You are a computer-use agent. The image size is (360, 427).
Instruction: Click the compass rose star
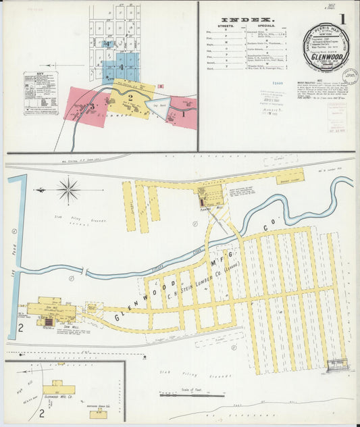pos(69,189)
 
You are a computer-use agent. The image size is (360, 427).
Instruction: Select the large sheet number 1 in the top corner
pos(343,20)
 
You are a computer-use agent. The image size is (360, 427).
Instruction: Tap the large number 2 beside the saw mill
pos(21,328)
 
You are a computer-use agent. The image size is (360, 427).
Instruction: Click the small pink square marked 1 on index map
pos(160,86)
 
